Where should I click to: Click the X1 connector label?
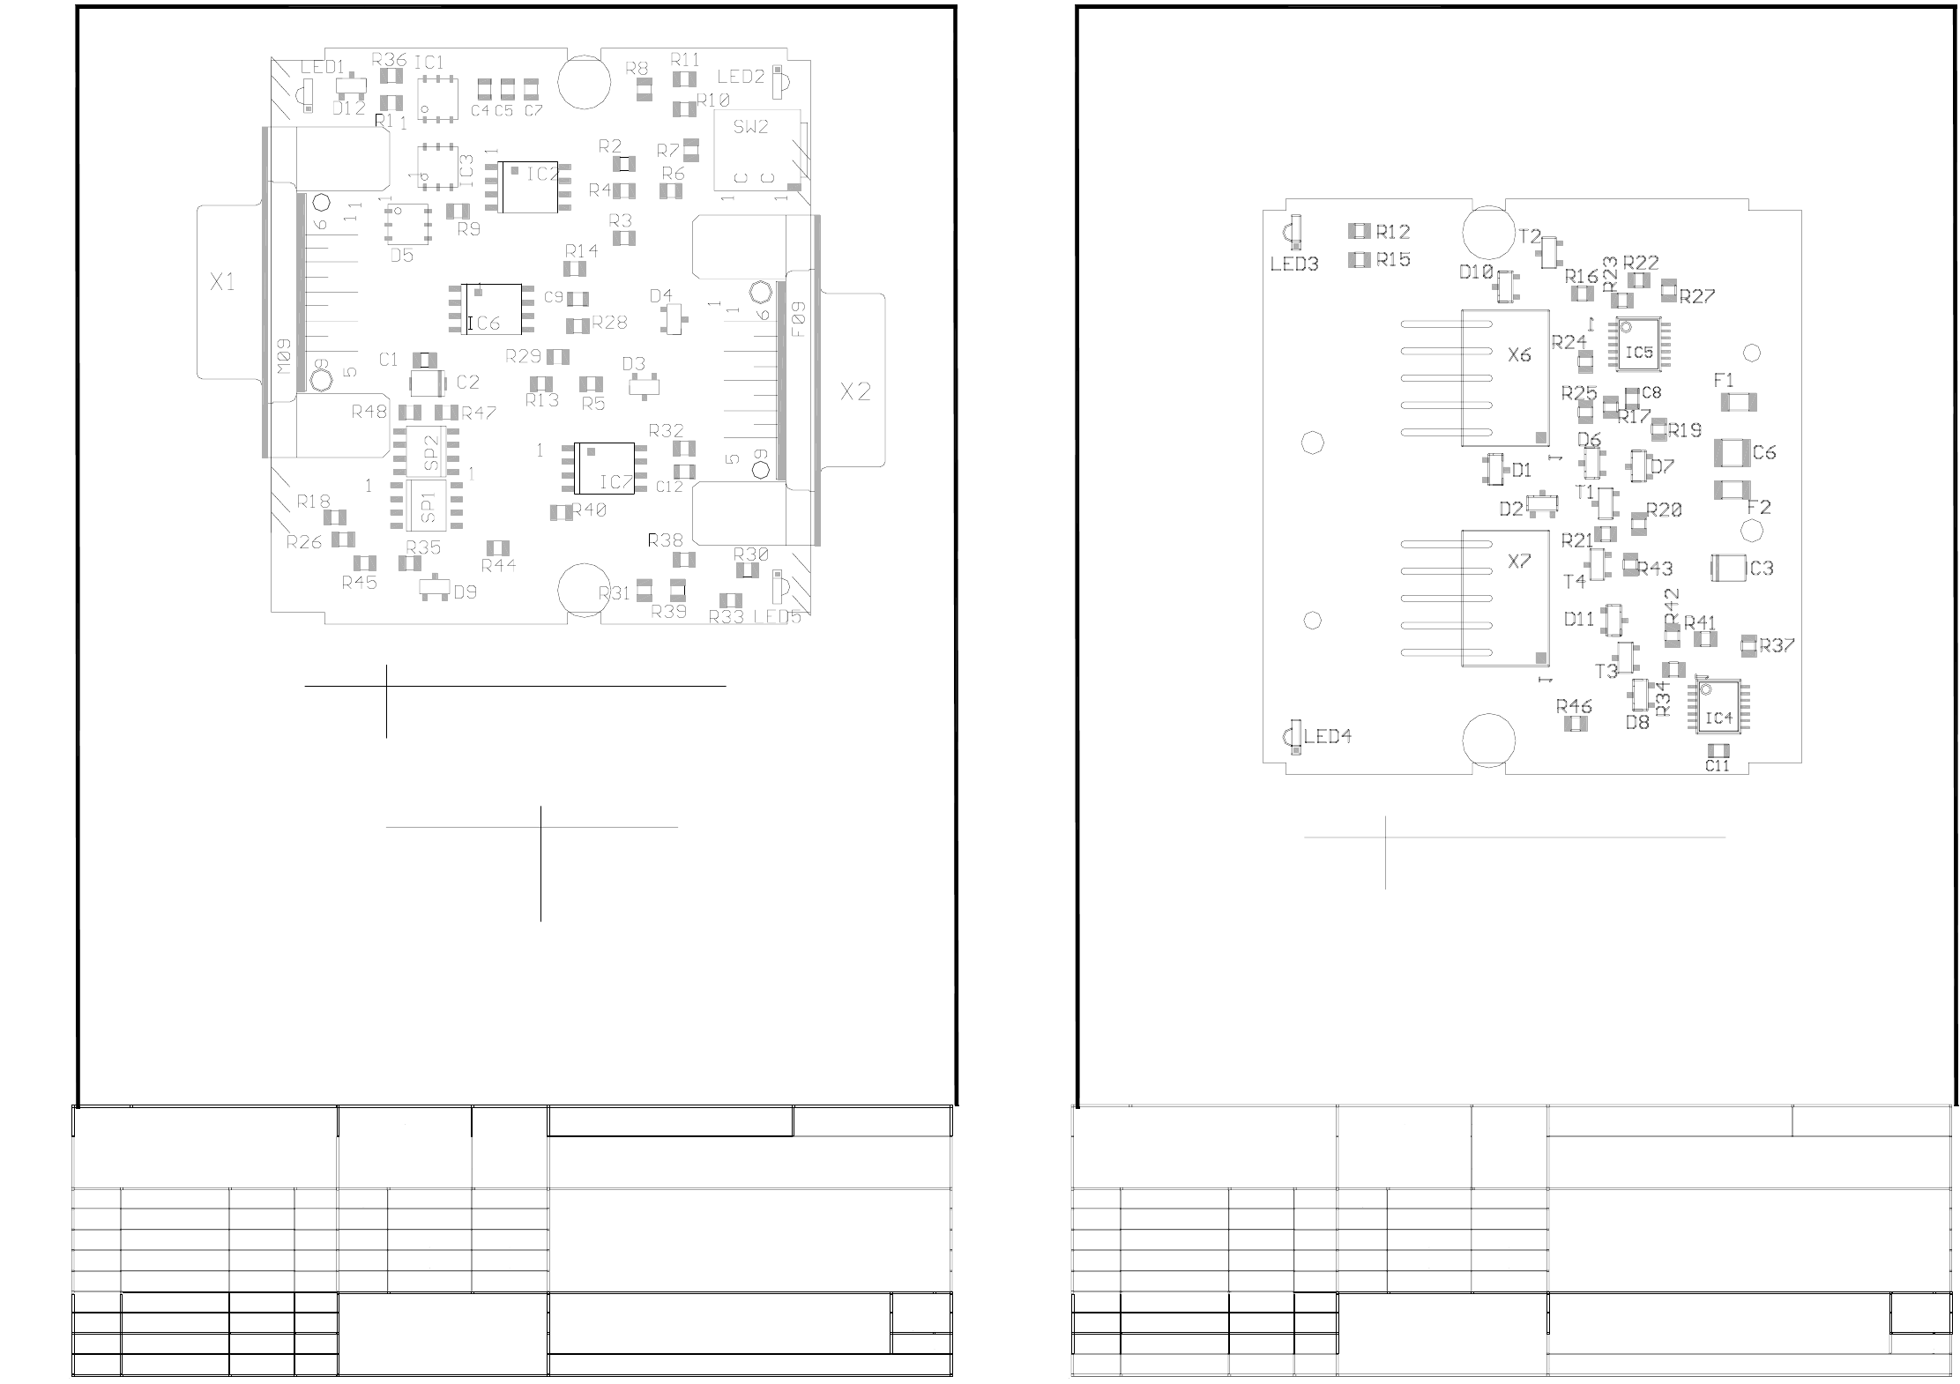click(x=222, y=282)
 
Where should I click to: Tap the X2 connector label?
click(x=855, y=391)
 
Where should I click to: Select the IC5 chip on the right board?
click(x=1638, y=353)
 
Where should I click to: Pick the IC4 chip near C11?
click(x=1718, y=718)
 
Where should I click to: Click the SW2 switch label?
click(x=750, y=127)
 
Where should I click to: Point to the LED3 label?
click(x=1294, y=264)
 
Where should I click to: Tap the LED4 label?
click(x=1328, y=737)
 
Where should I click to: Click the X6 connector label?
click(x=1519, y=355)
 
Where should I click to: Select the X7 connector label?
click(x=1519, y=562)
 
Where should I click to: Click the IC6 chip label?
click(x=484, y=324)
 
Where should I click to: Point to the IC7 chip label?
click(x=616, y=482)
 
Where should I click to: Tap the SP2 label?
click(x=431, y=452)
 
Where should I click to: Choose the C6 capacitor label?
click(x=1764, y=453)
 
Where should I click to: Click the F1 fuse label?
click(x=1724, y=381)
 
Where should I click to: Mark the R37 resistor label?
click(x=1777, y=645)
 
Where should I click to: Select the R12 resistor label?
click(x=1393, y=232)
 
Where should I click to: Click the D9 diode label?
click(x=466, y=592)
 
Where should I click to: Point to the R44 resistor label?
click(x=499, y=566)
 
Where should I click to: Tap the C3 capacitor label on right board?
click(x=1762, y=569)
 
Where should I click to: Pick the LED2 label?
click(x=741, y=77)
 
